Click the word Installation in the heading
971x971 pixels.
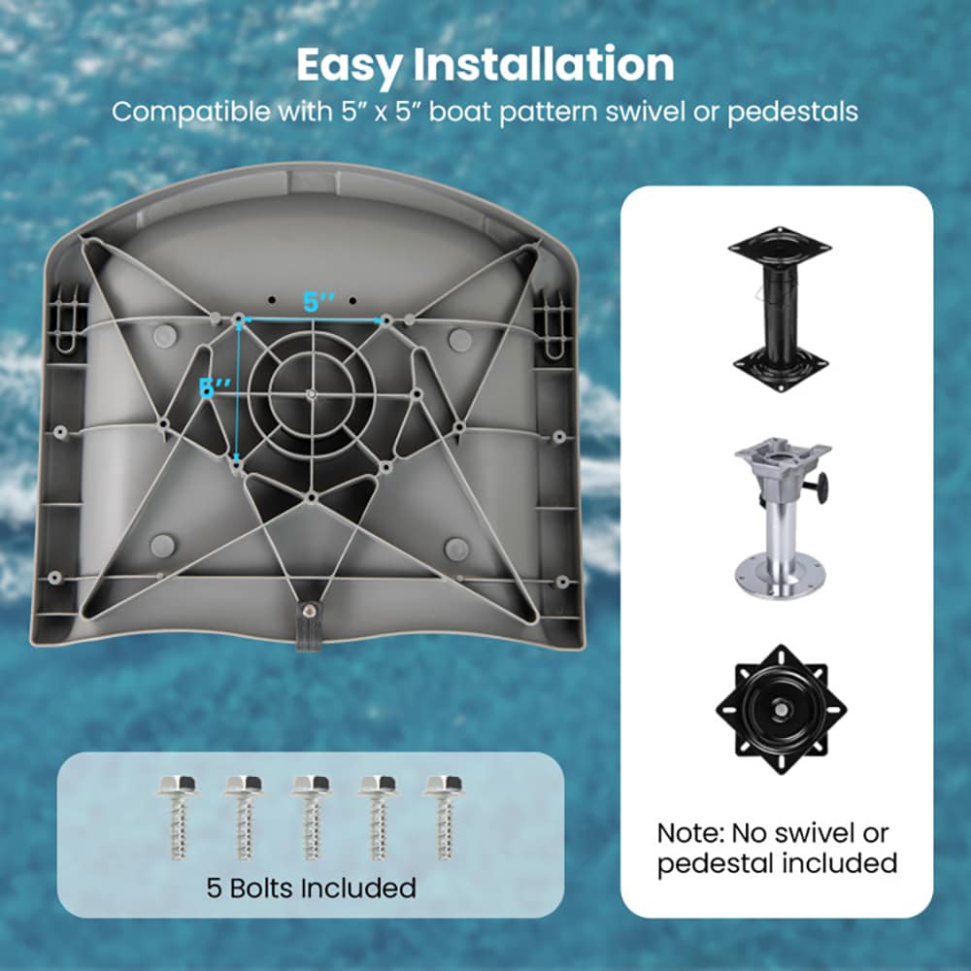(x=544, y=64)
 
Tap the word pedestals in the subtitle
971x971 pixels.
(x=792, y=113)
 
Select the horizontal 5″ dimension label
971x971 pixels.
(x=318, y=302)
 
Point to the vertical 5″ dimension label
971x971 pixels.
(x=215, y=388)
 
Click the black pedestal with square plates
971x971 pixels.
(x=781, y=309)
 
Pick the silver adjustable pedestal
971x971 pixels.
(x=783, y=518)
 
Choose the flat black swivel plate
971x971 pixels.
(x=782, y=710)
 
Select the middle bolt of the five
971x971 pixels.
(x=312, y=817)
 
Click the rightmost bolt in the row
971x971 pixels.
(x=444, y=817)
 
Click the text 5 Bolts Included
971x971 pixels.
(x=311, y=888)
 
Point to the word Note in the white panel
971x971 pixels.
(x=689, y=833)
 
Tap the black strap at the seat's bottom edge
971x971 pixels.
(x=309, y=625)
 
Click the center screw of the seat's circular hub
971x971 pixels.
(x=312, y=392)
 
